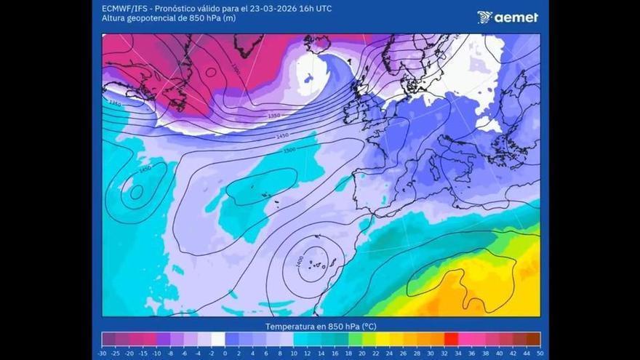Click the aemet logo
tap(508, 17)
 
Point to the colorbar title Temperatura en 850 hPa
tap(320, 327)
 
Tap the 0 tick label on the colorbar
tap(225, 353)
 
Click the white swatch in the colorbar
tap(218, 339)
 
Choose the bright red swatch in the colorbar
tap(451, 339)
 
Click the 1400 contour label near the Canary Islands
tap(300, 261)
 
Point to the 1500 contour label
tap(289, 150)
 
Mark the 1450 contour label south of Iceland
tap(283, 135)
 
